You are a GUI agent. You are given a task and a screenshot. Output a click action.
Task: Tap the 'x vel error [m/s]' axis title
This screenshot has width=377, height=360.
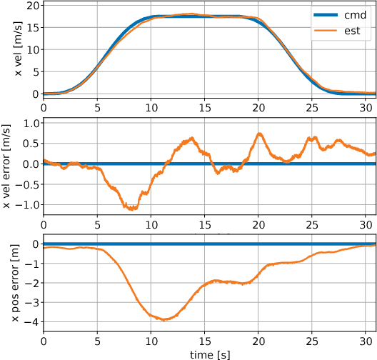pyautogui.click(x=9, y=163)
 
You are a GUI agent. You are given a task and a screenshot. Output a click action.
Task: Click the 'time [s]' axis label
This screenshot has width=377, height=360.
pyautogui.click(x=209, y=353)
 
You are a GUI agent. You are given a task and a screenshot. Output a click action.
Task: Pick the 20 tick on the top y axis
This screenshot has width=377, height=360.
pyautogui.click(x=31, y=4)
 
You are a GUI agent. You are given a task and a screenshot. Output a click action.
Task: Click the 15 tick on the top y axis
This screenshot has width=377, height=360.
pyautogui.click(x=31, y=26)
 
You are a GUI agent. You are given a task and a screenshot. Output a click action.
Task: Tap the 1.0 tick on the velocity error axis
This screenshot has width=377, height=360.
pyautogui.click(x=28, y=122)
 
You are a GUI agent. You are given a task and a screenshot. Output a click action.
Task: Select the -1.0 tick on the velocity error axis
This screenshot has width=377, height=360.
pyautogui.click(x=26, y=204)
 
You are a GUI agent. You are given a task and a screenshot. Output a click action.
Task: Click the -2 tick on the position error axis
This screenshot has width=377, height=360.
pyautogui.click(x=31, y=283)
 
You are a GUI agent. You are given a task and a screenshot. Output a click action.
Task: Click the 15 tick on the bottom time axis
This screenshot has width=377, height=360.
pyautogui.click(x=204, y=340)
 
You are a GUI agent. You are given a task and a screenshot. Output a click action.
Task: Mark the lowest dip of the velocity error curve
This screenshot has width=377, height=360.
pyautogui.click(x=131, y=209)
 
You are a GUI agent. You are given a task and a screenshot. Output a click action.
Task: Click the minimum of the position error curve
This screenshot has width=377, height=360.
pyautogui.click(x=165, y=320)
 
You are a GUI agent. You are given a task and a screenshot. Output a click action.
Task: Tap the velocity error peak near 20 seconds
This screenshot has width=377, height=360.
pyautogui.click(x=260, y=134)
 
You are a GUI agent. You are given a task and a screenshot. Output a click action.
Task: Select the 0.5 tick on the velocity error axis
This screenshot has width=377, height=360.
pyautogui.click(x=28, y=143)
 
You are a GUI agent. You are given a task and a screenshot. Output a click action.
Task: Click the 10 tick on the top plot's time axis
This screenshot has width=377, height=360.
pyautogui.click(x=151, y=106)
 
